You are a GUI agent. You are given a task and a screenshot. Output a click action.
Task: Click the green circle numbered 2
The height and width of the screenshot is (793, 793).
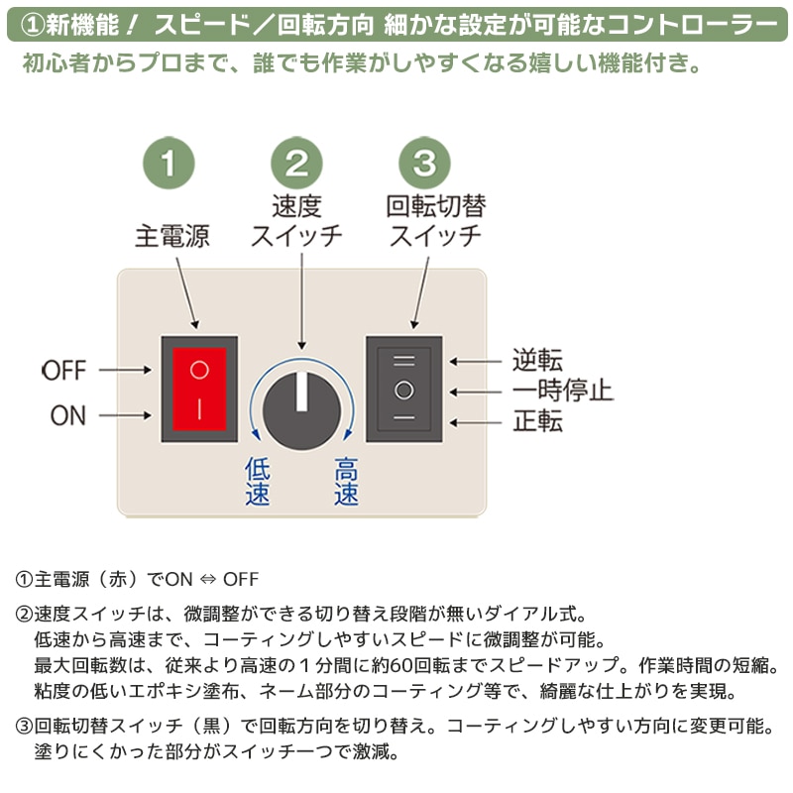(x=296, y=162)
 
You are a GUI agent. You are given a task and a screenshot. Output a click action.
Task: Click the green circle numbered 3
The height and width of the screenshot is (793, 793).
(x=423, y=162)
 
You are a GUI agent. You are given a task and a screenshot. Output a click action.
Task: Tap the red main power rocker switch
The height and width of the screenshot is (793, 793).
(x=199, y=389)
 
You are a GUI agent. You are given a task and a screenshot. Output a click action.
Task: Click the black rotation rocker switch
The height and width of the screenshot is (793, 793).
(x=403, y=388)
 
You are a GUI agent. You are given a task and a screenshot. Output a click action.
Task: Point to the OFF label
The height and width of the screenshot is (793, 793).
(x=64, y=371)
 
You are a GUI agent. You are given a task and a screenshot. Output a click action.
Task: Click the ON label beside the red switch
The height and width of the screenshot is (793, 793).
(x=67, y=415)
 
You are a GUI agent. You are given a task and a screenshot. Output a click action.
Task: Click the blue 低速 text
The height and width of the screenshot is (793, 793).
(x=257, y=482)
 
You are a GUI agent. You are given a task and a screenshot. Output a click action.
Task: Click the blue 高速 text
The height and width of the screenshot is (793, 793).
(x=346, y=482)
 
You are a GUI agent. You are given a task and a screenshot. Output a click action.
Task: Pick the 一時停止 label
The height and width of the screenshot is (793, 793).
(x=562, y=390)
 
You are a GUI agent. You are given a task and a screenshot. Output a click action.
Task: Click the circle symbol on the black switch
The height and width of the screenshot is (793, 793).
(x=403, y=388)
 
